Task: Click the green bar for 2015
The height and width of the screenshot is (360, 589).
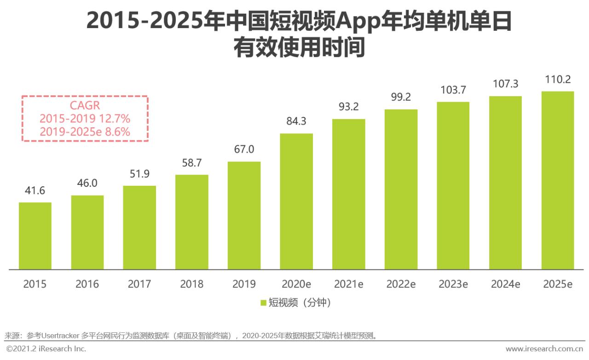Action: (x=35, y=236)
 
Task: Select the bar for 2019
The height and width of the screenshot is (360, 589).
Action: (x=244, y=215)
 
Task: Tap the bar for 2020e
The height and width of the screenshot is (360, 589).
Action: (x=296, y=201)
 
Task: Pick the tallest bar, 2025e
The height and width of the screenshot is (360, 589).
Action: (x=557, y=180)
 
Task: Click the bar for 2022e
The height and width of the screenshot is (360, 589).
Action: (x=401, y=189)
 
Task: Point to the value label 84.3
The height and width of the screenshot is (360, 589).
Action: (x=296, y=121)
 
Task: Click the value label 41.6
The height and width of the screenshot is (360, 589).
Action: (x=35, y=191)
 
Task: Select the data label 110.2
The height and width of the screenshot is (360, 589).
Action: (x=557, y=80)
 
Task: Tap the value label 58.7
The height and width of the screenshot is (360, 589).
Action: (x=192, y=163)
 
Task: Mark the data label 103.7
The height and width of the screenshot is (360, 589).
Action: (x=453, y=90)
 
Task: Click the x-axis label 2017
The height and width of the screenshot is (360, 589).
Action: (x=139, y=284)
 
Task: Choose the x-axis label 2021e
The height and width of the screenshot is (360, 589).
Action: (x=349, y=284)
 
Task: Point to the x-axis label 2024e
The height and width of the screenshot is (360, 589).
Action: (x=505, y=284)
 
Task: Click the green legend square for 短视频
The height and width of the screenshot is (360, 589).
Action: (x=264, y=303)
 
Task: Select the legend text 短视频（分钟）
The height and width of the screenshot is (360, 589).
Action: (x=300, y=303)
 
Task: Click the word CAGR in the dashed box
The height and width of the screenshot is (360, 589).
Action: (x=85, y=106)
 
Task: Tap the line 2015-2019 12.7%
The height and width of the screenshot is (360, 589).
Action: (x=85, y=119)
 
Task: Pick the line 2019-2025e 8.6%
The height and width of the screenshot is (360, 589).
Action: (x=85, y=131)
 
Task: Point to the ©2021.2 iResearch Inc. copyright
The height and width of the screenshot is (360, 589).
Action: (x=46, y=349)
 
